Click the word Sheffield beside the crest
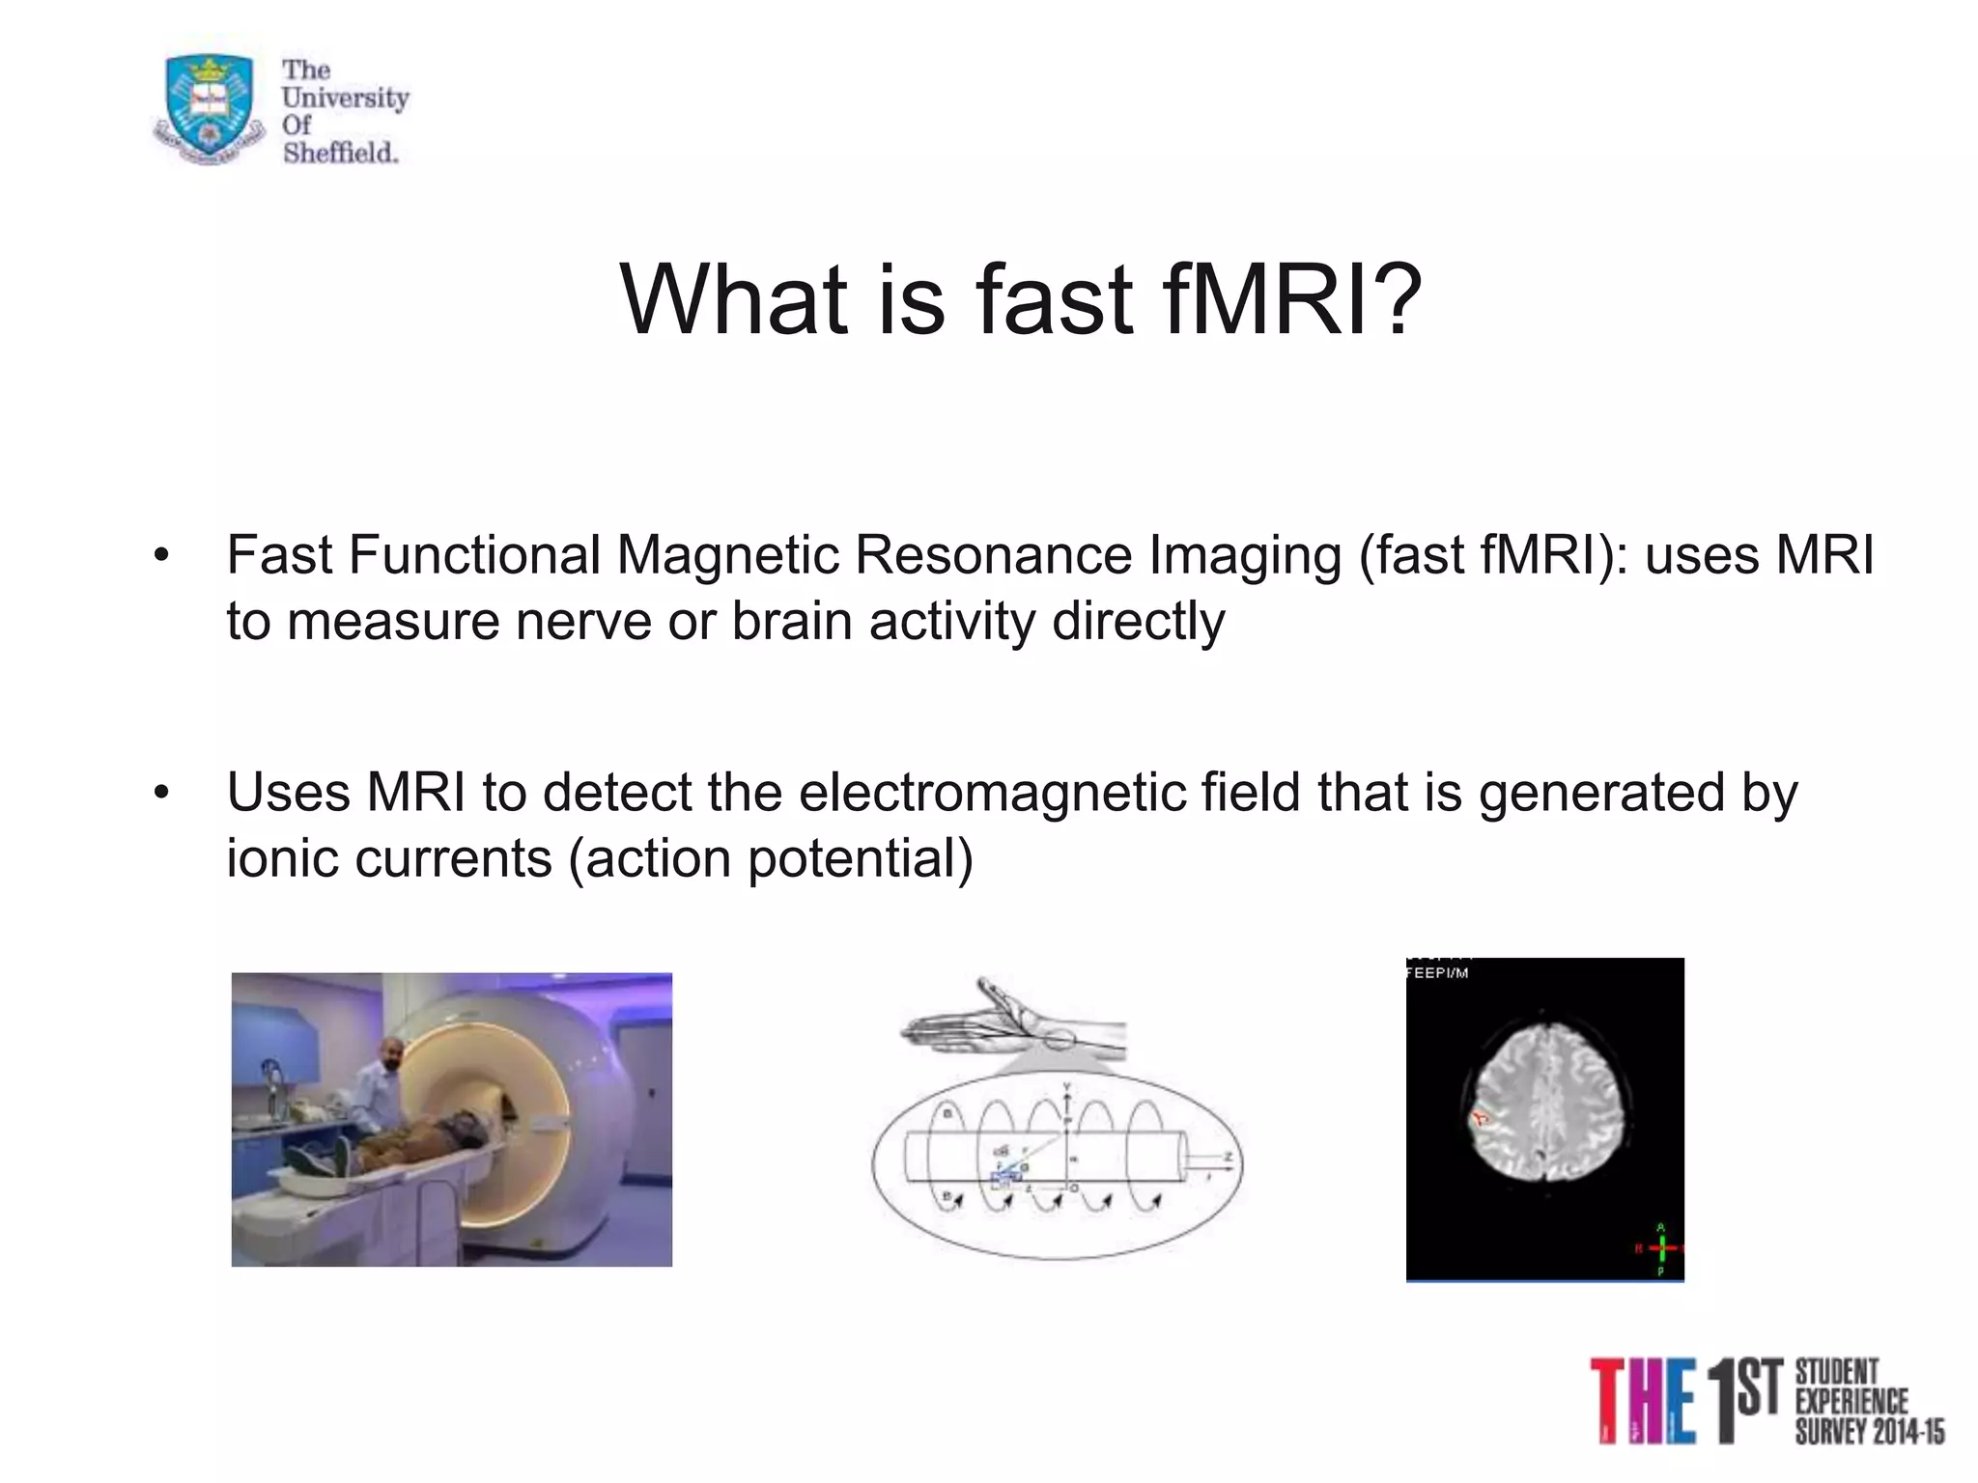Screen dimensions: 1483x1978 (340, 153)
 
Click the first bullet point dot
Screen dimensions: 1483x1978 (161, 556)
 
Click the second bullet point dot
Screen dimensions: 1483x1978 (161, 794)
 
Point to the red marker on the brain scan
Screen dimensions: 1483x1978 (1479, 1120)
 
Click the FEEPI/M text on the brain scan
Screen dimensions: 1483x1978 (1437, 973)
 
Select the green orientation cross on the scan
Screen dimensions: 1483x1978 (1661, 1248)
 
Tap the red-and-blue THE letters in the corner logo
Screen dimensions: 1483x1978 (1642, 1400)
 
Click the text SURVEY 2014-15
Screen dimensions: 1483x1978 (1870, 1432)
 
